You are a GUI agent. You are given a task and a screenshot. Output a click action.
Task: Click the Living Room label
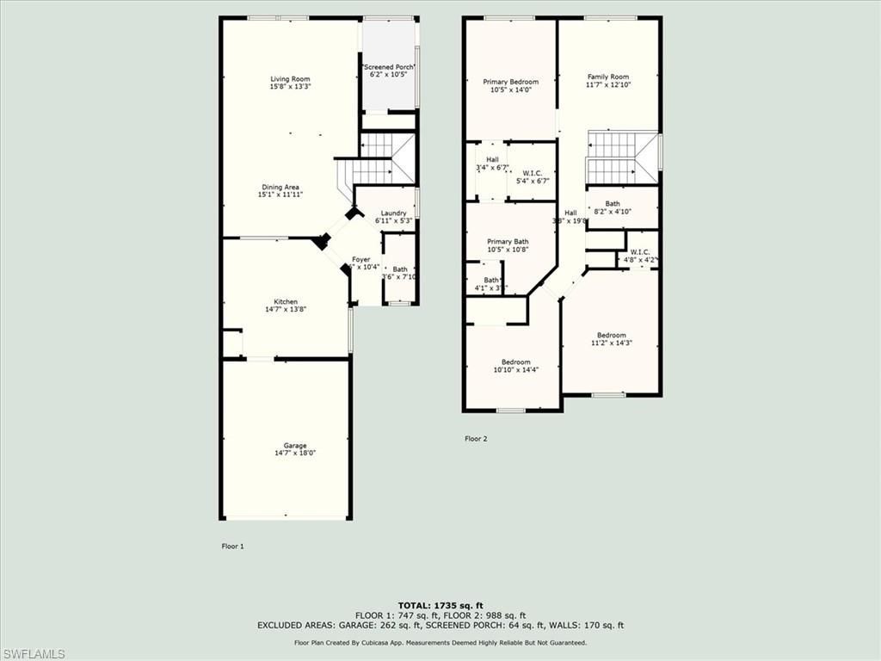point(290,79)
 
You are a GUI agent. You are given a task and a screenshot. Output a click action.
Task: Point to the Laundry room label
point(394,213)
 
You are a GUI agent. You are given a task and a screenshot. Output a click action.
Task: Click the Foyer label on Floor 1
point(360,259)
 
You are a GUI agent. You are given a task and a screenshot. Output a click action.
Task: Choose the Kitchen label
point(286,302)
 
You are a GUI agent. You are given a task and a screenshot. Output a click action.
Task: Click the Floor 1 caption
point(233,546)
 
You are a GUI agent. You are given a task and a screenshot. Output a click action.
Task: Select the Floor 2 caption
point(476,439)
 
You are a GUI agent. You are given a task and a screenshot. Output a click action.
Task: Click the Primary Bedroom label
point(510,82)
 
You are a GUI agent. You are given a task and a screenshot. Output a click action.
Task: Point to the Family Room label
point(608,77)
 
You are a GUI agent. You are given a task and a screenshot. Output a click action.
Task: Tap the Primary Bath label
point(508,242)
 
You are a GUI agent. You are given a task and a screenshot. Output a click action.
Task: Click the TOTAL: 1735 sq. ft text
point(440,606)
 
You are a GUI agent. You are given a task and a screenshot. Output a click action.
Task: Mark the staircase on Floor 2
point(621,158)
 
